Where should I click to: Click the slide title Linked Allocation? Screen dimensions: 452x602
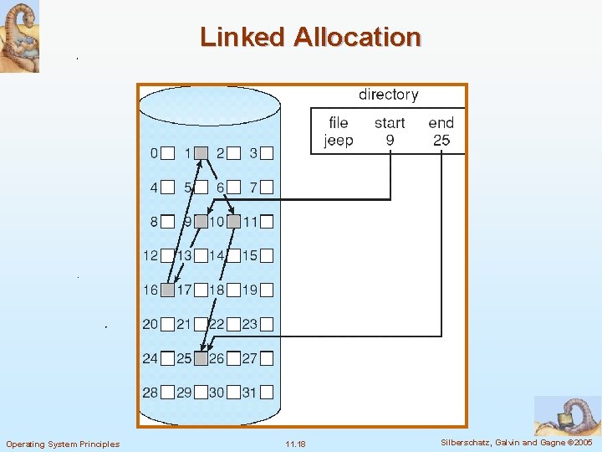coord(310,37)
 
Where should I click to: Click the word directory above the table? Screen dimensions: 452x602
coord(388,95)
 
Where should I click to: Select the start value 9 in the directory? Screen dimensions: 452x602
coord(390,140)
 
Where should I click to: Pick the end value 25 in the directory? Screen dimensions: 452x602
coord(441,140)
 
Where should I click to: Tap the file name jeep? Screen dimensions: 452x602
coord(338,140)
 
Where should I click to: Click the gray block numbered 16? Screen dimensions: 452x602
coord(167,290)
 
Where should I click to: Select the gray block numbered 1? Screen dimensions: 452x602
coord(201,153)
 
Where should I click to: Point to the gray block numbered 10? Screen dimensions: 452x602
coord(233,222)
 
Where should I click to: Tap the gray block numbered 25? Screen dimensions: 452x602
coord(201,359)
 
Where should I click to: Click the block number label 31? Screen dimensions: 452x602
coord(249,393)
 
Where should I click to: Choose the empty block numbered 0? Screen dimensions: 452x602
coord(167,153)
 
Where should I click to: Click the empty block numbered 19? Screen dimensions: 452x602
coord(266,290)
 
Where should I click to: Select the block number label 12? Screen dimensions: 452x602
coord(150,255)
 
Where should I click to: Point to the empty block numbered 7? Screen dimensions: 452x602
coord(266,187)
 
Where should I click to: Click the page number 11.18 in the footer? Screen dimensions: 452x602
coord(295,444)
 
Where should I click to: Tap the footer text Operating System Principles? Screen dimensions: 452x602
coord(63,444)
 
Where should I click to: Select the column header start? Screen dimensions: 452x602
coord(390,122)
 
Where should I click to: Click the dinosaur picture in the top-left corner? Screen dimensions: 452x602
coord(19,36)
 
